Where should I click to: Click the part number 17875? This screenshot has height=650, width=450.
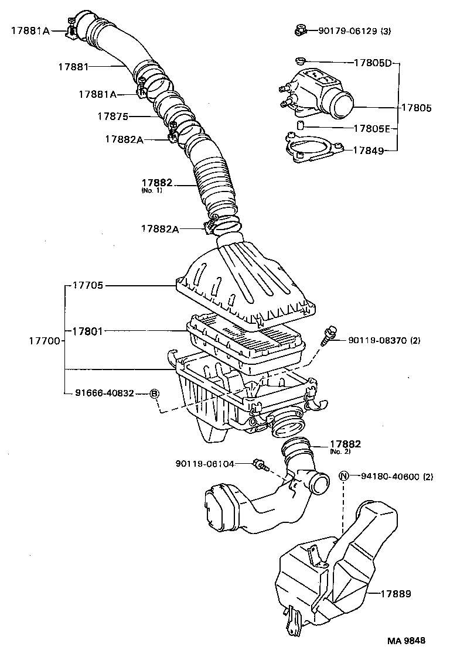(112, 117)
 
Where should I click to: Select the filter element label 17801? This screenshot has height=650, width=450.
(88, 331)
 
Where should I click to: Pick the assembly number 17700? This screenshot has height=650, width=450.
(44, 340)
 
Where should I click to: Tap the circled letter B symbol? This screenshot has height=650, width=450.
(155, 394)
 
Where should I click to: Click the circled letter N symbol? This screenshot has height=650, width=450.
(344, 476)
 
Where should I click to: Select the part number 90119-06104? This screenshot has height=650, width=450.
(204, 464)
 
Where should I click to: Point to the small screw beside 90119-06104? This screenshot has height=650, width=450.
(258, 465)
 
